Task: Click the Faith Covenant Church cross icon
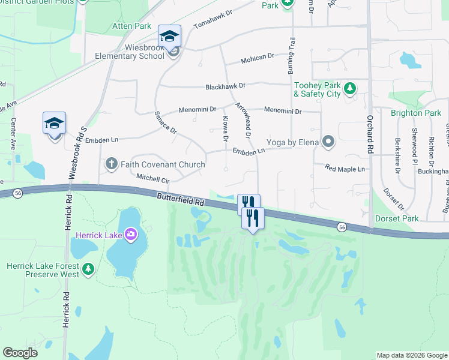pyautogui.click(x=111, y=163)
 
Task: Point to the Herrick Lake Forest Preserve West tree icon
pyautogui.click(x=88, y=269)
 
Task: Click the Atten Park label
pyautogui.click(x=132, y=26)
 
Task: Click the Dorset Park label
pyautogui.click(x=396, y=219)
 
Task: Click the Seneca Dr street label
pyautogui.click(x=166, y=122)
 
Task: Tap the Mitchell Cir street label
pyautogui.click(x=153, y=178)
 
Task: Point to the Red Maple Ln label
pyautogui.click(x=345, y=169)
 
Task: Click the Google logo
pyautogui.click(x=20, y=353)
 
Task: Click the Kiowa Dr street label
pyautogui.click(x=226, y=128)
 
